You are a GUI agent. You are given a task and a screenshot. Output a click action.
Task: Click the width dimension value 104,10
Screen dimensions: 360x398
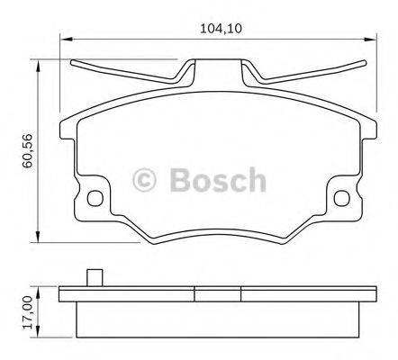220,29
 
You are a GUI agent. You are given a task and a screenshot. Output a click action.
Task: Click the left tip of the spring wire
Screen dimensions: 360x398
71,62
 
